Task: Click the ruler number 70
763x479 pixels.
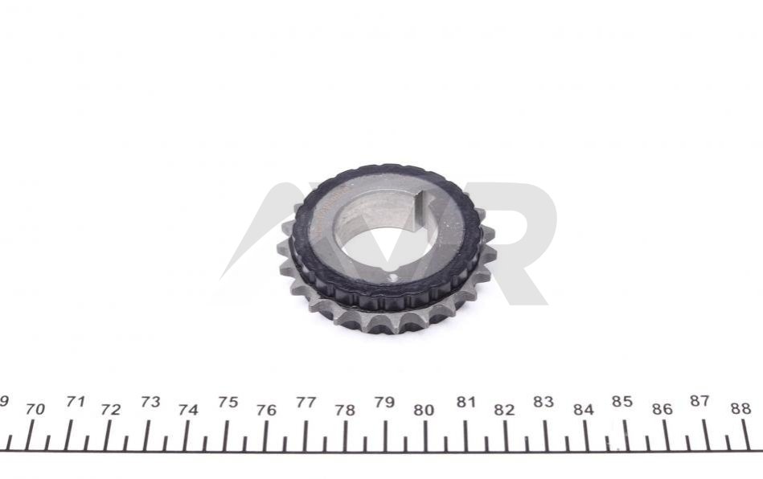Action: coord(35,409)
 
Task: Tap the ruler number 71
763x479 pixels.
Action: coord(76,402)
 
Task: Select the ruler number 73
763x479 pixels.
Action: coord(150,402)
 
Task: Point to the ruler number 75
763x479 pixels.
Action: coord(228,402)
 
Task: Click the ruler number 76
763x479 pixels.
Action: coord(266,411)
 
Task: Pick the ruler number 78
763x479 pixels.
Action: coord(345,411)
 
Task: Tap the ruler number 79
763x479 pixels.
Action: coord(384,403)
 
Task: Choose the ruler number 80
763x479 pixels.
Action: coord(424,411)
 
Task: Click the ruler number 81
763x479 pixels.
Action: coord(466,402)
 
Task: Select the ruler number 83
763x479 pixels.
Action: coord(543,402)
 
